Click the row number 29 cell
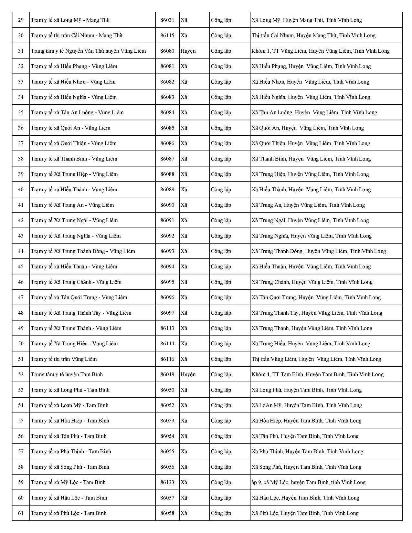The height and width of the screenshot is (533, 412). click(x=21, y=20)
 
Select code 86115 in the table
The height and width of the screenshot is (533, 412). click(x=167, y=36)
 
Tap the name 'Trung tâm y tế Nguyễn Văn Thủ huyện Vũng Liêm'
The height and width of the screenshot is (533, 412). click(x=88, y=51)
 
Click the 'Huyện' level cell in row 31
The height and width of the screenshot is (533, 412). click(x=188, y=51)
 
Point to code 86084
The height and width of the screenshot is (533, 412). click(x=167, y=112)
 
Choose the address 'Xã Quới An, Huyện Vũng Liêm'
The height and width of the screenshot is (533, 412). click(x=308, y=128)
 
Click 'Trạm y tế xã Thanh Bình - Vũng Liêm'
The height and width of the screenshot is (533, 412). click(x=74, y=159)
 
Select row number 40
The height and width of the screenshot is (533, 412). click(x=21, y=190)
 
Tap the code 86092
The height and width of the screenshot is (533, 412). click(x=167, y=236)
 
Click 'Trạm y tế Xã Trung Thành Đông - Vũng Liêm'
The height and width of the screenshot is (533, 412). click(x=83, y=251)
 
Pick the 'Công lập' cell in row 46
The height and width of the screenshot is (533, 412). click(x=221, y=282)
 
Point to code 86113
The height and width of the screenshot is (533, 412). click(x=167, y=328)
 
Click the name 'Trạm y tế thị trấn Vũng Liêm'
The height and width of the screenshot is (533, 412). click(x=64, y=359)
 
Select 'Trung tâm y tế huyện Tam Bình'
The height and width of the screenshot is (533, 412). click(x=67, y=374)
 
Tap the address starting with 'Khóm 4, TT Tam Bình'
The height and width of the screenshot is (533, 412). click(x=317, y=374)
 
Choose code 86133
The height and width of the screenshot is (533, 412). click(x=167, y=482)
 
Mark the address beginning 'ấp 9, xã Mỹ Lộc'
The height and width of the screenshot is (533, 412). click(x=308, y=482)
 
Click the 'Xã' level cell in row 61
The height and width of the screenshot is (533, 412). click(x=184, y=513)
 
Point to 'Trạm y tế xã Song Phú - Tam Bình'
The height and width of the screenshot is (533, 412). click(x=70, y=467)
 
